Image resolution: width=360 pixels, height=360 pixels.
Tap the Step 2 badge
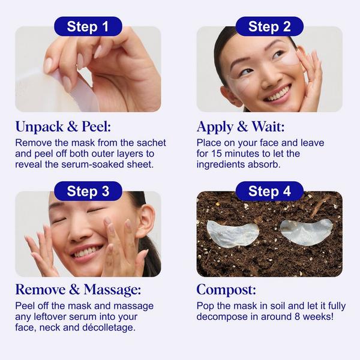coord(269,26)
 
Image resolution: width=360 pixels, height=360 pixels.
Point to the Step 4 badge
coord(269,191)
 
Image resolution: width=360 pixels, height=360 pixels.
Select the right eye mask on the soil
coord(307,230)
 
